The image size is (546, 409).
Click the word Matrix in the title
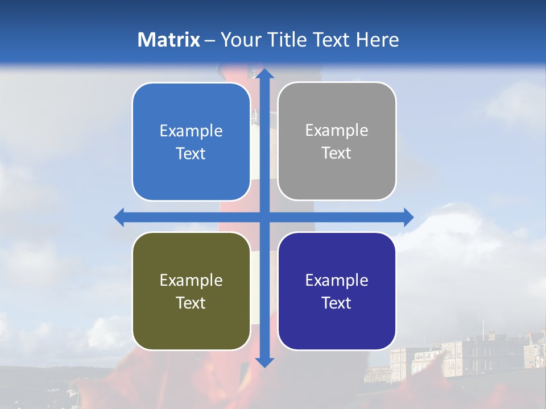169,40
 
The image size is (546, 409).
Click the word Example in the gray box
337,131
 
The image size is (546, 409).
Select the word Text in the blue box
191,154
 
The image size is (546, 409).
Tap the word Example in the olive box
191,280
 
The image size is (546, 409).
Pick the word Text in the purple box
337,303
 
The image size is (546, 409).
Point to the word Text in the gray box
337,153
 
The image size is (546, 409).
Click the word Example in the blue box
191,131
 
